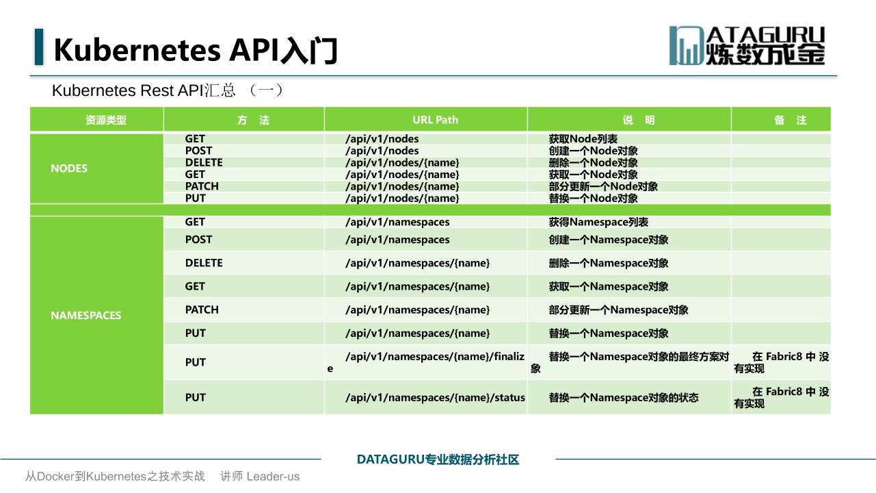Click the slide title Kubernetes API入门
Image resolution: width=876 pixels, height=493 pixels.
tap(195, 50)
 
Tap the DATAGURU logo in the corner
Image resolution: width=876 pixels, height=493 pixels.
tap(747, 45)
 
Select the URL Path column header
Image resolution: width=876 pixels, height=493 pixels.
tap(435, 120)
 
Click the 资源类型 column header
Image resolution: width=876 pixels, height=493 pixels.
tap(105, 120)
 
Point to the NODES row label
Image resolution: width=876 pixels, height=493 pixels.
tap(69, 168)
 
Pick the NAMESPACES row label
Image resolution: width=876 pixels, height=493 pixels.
tap(86, 315)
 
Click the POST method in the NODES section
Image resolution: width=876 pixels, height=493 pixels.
tap(199, 151)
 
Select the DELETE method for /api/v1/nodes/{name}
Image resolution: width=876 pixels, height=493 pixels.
tap(204, 162)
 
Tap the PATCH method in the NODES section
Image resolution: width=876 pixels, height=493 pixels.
tap(202, 186)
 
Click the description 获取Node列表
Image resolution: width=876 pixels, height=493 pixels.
tap(583, 138)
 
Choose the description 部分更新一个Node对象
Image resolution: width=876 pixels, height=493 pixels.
tap(603, 186)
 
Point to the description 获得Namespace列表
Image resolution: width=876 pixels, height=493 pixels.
tap(598, 222)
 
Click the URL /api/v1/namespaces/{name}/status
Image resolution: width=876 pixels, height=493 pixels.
tap(435, 397)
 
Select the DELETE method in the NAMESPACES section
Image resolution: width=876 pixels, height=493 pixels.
tap(204, 263)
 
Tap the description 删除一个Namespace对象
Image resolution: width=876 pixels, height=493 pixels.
tap(608, 263)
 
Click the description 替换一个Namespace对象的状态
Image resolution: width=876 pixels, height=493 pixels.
tap(624, 398)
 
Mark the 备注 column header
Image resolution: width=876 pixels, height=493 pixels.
tap(790, 120)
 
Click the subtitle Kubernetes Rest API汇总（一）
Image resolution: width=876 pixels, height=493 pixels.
tap(168, 90)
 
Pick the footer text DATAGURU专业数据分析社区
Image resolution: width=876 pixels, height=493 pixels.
tap(438, 459)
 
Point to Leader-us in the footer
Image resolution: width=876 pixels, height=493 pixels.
tap(273, 477)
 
